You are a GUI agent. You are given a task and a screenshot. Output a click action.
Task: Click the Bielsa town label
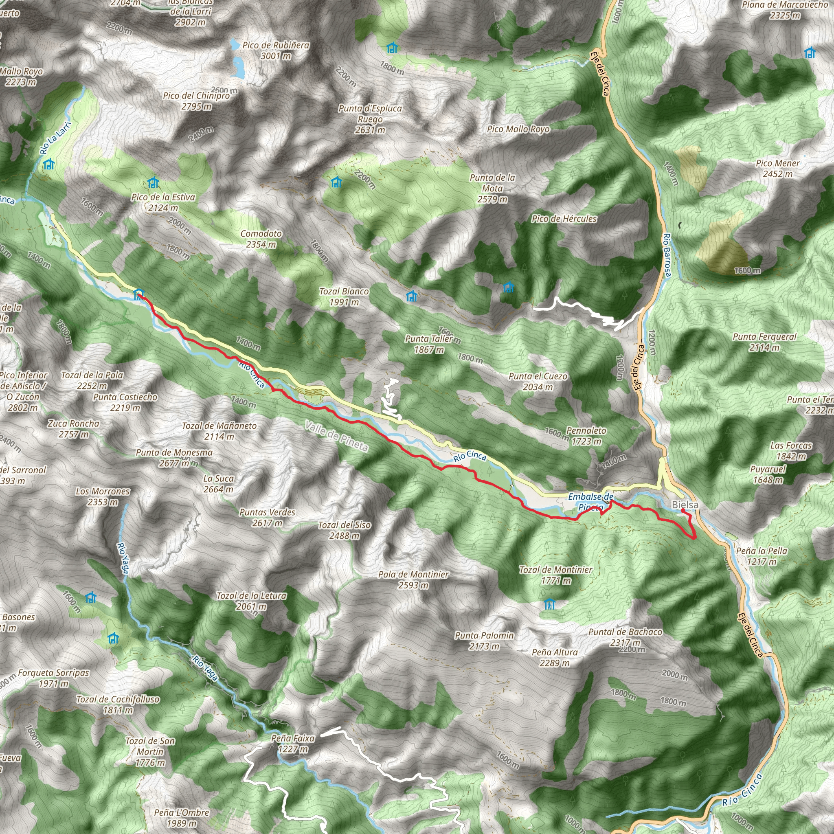point(685,505)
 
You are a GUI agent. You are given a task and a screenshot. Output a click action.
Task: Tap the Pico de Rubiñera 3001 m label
point(276,50)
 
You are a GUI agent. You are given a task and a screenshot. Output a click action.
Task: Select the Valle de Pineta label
point(336,436)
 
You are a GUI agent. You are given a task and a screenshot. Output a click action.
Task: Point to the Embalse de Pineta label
point(590,502)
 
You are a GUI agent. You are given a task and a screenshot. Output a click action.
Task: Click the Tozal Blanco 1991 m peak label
point(344,296)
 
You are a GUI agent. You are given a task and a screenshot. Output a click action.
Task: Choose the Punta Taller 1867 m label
point(429,344)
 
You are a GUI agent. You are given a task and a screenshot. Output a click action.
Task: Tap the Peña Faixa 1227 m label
point(293,743)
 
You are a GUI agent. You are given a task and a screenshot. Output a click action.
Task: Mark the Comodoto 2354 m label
point(261,239)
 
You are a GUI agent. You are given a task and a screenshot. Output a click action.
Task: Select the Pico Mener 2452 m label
point(777,168)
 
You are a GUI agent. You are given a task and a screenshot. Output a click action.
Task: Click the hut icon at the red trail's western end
point(138,294)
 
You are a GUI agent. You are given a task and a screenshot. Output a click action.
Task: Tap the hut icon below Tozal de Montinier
point(549,604)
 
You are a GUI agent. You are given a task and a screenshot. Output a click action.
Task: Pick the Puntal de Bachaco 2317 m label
point(625,637)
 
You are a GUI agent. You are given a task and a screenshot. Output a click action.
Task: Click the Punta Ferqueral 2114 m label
point(764,342)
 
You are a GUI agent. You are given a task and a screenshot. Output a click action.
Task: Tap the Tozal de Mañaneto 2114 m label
point(219,431)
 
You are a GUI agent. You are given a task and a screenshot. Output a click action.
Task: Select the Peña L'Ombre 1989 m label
point(182,818)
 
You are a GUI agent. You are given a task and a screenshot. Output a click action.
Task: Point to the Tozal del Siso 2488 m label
point(345,530)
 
